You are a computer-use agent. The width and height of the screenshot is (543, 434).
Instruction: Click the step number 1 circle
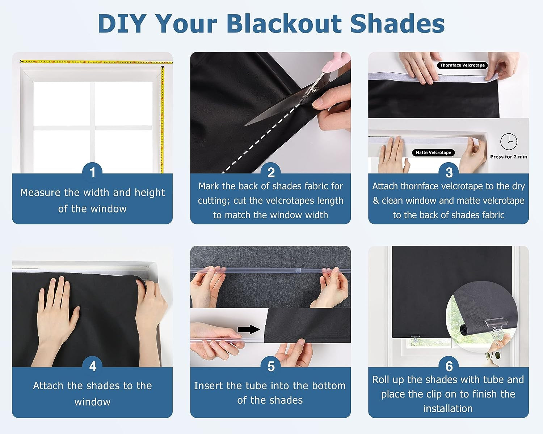[92, 172]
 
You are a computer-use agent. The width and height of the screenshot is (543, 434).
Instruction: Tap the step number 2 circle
[271, 172]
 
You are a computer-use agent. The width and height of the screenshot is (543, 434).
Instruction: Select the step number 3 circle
[449, 172]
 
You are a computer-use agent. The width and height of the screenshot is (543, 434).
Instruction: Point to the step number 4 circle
[92, 366]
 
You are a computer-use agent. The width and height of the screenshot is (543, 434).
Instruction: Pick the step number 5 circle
[271, 366]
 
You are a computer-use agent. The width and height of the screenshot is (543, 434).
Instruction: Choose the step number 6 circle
[449, 366]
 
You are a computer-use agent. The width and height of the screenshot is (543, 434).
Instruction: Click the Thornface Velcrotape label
[462, 65]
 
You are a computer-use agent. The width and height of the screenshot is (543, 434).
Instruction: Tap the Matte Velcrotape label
[433, 152]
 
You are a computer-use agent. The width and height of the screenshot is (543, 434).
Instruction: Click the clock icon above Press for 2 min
[509, 142]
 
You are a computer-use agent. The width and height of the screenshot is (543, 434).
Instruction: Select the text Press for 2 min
[509, 157]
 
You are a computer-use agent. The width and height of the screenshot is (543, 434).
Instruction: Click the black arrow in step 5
[249, 329]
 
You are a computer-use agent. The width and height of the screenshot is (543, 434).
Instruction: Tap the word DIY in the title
[121, 24]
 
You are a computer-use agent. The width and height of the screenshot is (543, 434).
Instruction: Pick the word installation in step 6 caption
[448, 409]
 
